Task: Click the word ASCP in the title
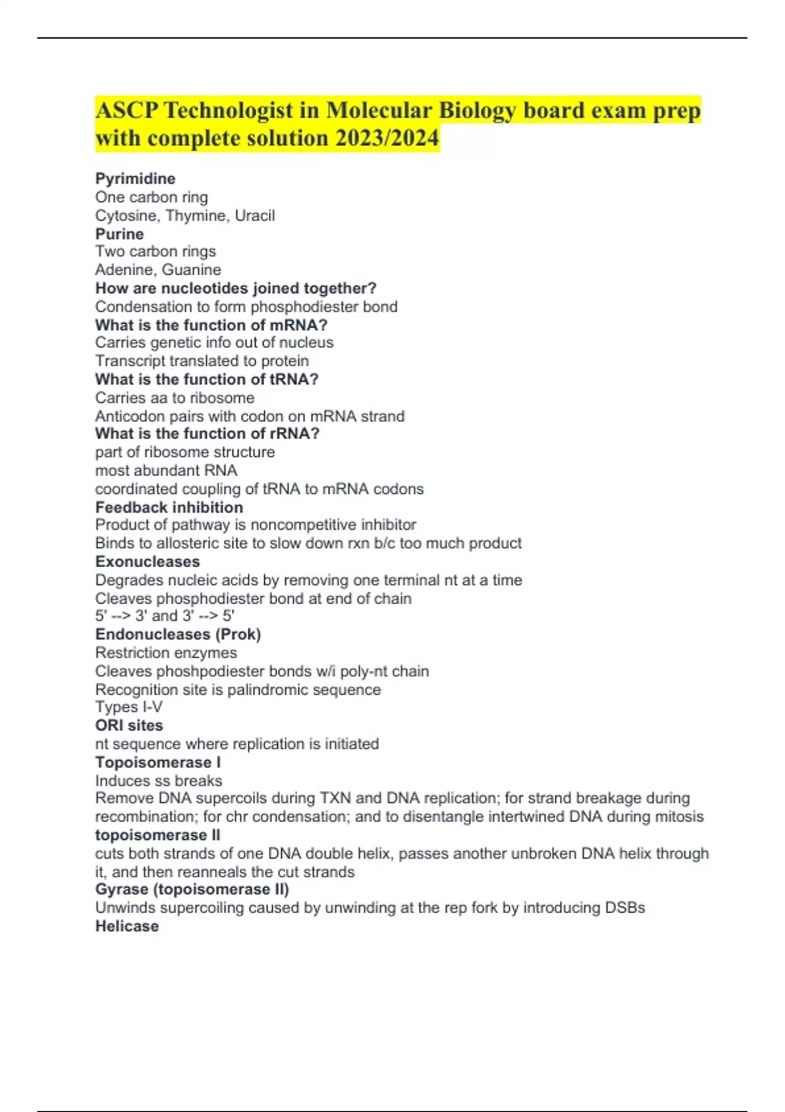(127, 111)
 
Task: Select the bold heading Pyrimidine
(135, 179)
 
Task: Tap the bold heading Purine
(120, 234)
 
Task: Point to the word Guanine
(194, 269)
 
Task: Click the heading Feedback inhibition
(169, 507)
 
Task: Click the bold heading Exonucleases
(148, 561)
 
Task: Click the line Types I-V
(129, 707)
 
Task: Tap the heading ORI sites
(129, 725)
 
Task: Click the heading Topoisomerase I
(158, 762)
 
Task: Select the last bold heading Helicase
(127, 926)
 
